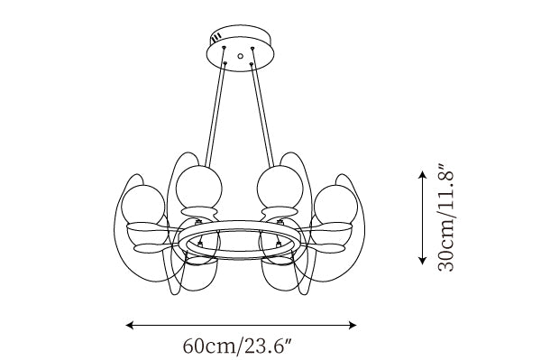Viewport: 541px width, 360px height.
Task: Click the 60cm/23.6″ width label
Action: [x=238, y=346]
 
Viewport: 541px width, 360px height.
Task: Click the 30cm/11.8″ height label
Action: [x=445, y=217]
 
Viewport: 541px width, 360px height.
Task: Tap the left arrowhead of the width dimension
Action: [x=129, y=325]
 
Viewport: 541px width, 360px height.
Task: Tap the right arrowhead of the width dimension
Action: [x=353, y=325]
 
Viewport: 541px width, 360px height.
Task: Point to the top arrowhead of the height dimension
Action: [x=422, y=174]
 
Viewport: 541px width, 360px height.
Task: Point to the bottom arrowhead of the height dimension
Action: [x=422, y=261]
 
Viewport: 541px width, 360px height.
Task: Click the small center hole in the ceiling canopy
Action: [x=241, y=56]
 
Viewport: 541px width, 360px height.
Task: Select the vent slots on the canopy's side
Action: [x=216, y=37]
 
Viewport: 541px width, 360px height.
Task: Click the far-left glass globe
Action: [x=142, y=204]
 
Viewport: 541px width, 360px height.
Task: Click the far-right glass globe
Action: [x=335, y=204]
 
